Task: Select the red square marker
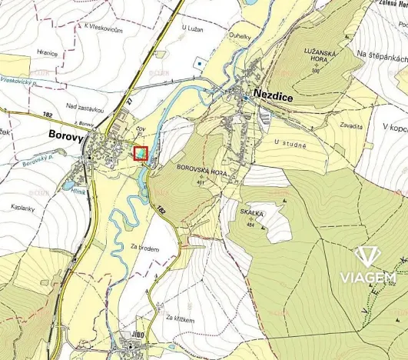141,154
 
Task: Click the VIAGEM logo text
368,276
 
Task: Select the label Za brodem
144,248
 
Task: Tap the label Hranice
46,53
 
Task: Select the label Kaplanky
25,208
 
